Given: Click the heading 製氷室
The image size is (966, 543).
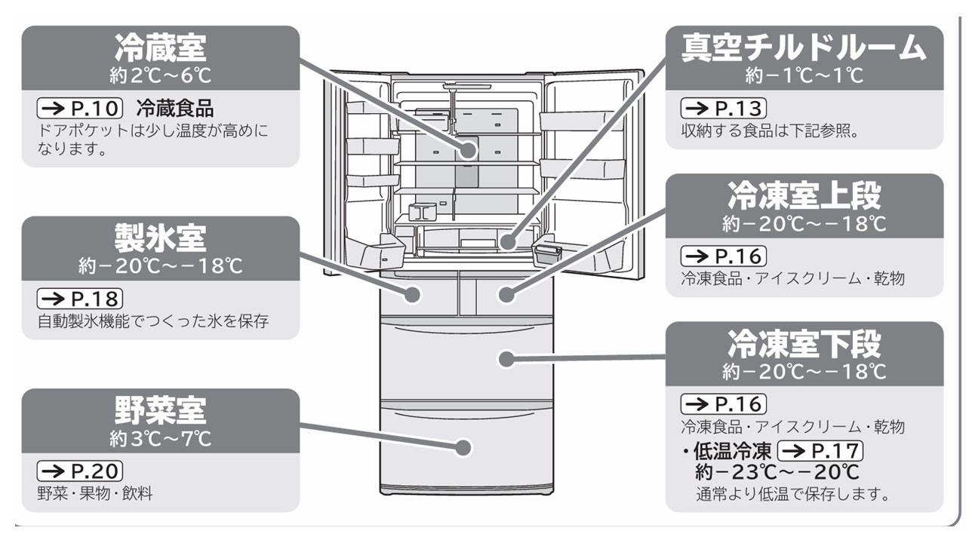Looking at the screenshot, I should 160,238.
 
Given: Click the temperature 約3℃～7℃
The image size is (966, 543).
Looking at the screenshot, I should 160,438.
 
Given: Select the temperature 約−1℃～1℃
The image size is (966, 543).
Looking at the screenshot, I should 804,75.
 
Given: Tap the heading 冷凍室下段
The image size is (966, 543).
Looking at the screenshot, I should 804,343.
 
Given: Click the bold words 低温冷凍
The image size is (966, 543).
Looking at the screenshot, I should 733,451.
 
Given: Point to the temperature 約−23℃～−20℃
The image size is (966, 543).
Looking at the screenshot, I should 777,473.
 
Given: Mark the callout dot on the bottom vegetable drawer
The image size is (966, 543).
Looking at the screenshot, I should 464,446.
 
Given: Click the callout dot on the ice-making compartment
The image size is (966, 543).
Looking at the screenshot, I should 413,294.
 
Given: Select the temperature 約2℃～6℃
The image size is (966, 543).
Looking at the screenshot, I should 160,75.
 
